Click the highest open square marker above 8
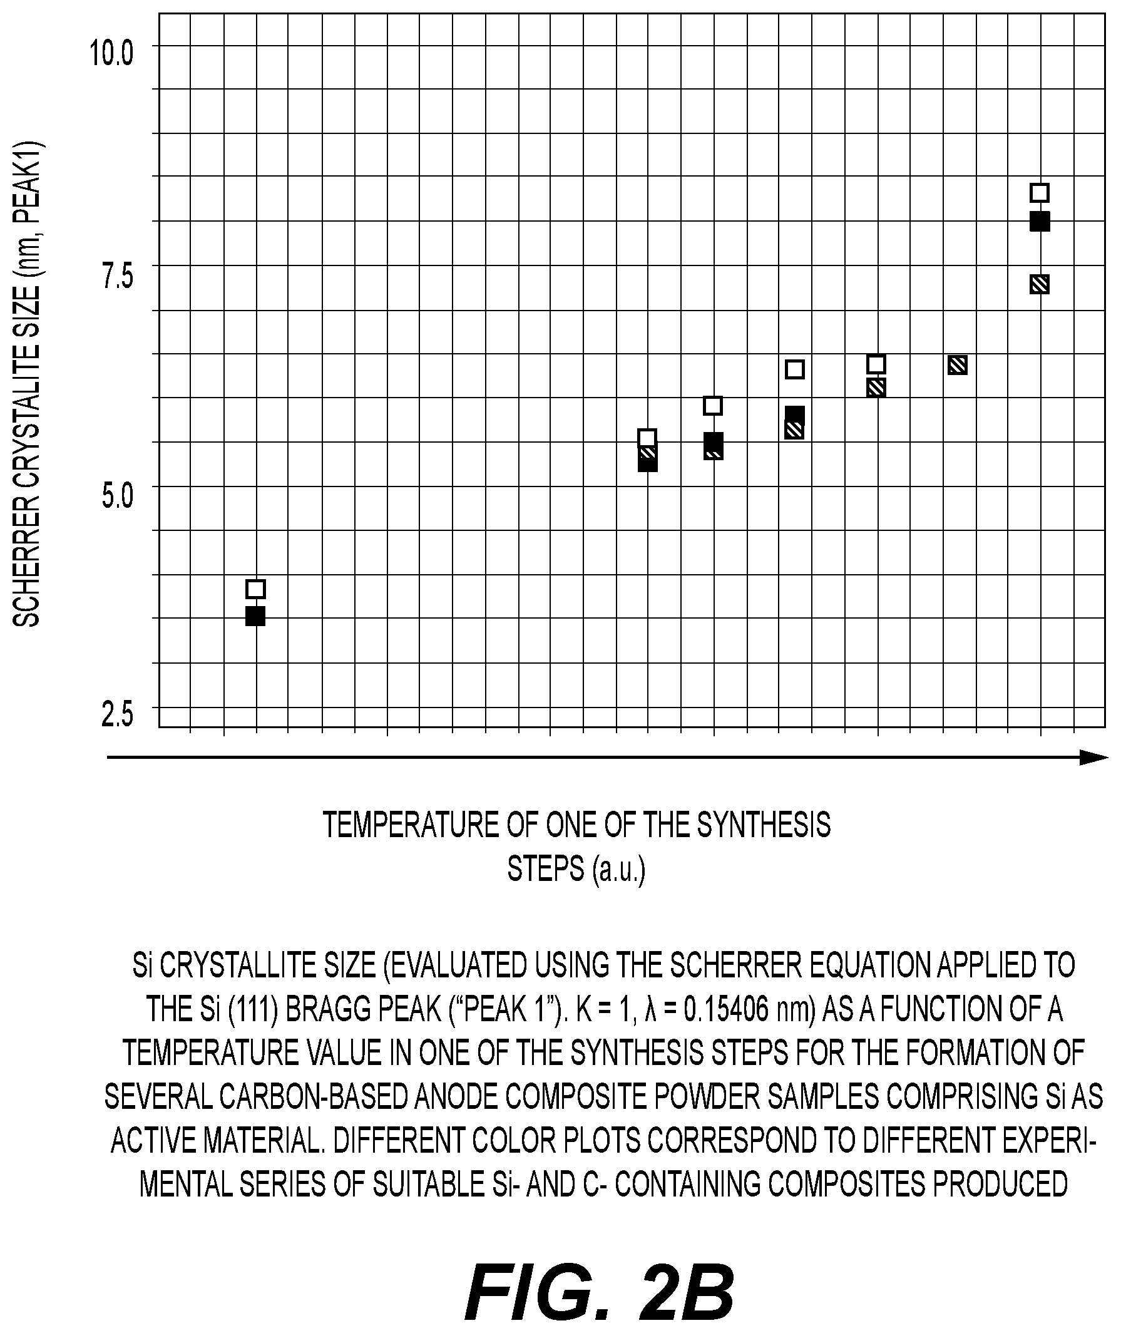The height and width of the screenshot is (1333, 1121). [x=1040, y=193]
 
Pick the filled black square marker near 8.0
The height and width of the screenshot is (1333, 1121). [x=1040, y=222]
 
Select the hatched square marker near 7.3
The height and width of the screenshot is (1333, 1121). [x=1040, y=284]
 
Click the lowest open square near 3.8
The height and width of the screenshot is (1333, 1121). [x=255, y=589]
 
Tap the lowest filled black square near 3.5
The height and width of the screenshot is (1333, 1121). [x=255, y=616]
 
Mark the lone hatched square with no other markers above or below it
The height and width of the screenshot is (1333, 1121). [x=958, y=365]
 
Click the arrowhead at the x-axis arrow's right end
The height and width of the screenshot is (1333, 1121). [x=1094, y=757]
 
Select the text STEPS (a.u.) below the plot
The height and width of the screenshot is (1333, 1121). [x=576, y=869]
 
